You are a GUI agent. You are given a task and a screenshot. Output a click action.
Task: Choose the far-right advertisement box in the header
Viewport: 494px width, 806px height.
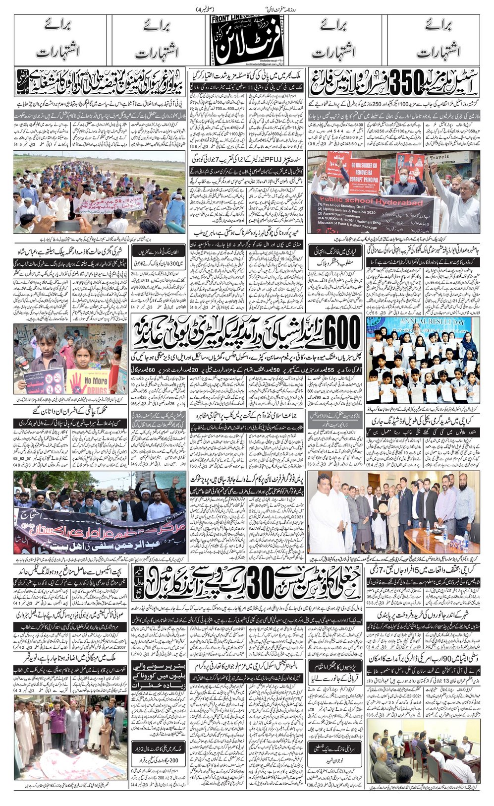point(436,42)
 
